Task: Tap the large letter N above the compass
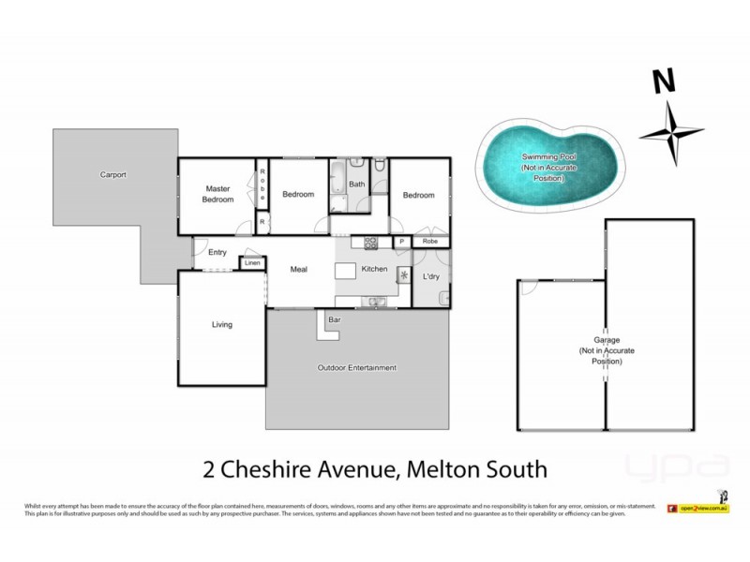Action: (x=665, y=81)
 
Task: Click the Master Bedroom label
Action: (x=218, y=194)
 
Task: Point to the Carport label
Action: (x=113, y=175)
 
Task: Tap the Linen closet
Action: (x=251, y=263)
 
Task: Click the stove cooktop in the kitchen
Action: (x=370, y=243)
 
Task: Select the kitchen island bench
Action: (x=347, y=271)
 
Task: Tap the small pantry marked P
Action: (x=400, y=242)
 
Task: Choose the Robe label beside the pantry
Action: (x=429, y=242)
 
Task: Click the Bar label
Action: (x=333, y=320)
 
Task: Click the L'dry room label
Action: (x=432, y=277)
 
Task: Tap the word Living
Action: (x=221, y=325)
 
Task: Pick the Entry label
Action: (x=217, y=252)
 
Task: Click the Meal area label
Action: (x=299, y=270)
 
